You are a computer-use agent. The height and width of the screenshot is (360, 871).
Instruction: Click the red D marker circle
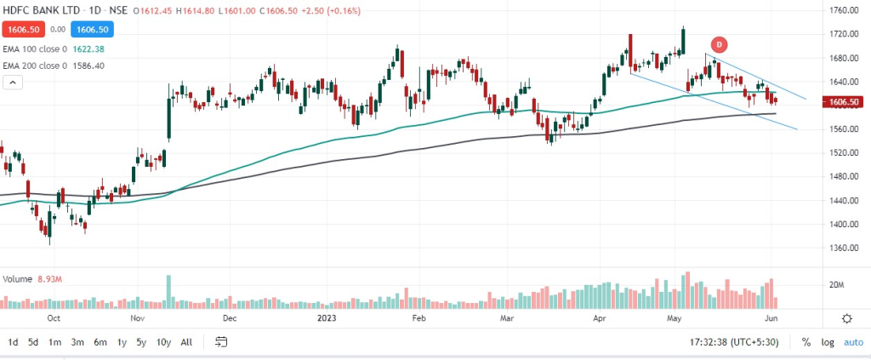click(x=719, y=44)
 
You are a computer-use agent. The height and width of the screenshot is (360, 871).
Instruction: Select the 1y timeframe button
click(x=122, y=342)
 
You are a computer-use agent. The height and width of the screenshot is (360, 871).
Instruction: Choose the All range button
click(x=186, y=342)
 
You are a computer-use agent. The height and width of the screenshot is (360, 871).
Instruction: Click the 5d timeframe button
click(x=32, y=342)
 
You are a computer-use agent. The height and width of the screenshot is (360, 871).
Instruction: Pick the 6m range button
click(x=100, y=342)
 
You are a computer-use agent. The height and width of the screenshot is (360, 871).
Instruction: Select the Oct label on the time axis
click(x=53, y=319)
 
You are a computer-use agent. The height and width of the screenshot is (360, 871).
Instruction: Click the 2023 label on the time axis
click(x=327, y=319)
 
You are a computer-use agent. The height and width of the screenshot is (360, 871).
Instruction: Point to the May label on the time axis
click(x=675, y=319)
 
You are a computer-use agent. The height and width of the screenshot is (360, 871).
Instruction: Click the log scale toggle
click(x=828, y=342)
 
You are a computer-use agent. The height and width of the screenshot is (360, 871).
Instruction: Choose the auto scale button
click(x=852, y=342)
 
